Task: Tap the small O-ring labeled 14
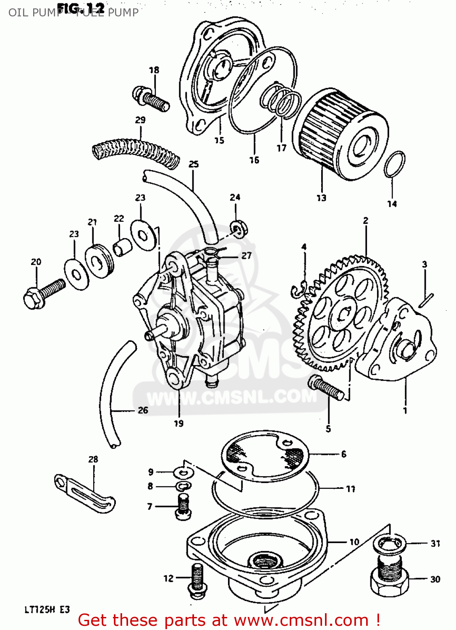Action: [x=394, y=164]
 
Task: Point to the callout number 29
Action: [x=140, y=120]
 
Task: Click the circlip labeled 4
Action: [x=300, y=290]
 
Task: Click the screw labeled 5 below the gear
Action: [x=326, y=387]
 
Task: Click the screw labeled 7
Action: [x=183, y=506]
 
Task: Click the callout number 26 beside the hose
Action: [x=143, y=410]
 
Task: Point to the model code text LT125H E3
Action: [x=47, y=610]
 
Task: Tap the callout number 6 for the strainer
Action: [x=344, y=454]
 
